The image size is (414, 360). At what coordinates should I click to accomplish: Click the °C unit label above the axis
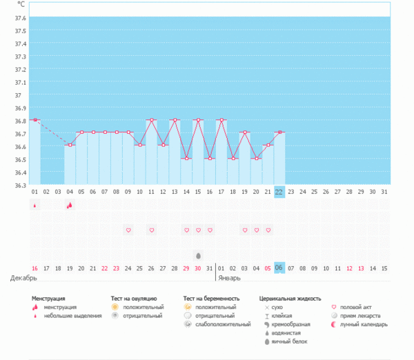[x=21, y=5]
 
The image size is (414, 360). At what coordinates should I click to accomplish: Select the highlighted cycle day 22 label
[x=279, y=192]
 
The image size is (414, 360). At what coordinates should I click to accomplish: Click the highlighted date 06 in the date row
[x=279, y=268]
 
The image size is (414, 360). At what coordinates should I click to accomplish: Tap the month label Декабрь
[x=23, y=278]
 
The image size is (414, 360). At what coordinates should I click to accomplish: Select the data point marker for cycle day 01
[x=35, y=120]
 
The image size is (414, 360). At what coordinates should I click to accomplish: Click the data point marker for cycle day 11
[x=151, y=120]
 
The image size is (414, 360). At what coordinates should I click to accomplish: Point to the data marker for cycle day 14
[x=186, y=159]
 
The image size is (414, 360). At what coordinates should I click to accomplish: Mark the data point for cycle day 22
[x=279, y=132]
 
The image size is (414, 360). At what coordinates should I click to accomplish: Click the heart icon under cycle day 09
[x=128, y=230]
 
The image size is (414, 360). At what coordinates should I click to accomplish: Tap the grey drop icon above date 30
[x=198, y=255]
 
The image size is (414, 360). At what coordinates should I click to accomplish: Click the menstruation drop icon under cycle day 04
[x=69, y=205]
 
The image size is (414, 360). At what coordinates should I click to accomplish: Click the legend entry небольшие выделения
[x=68, y=315]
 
